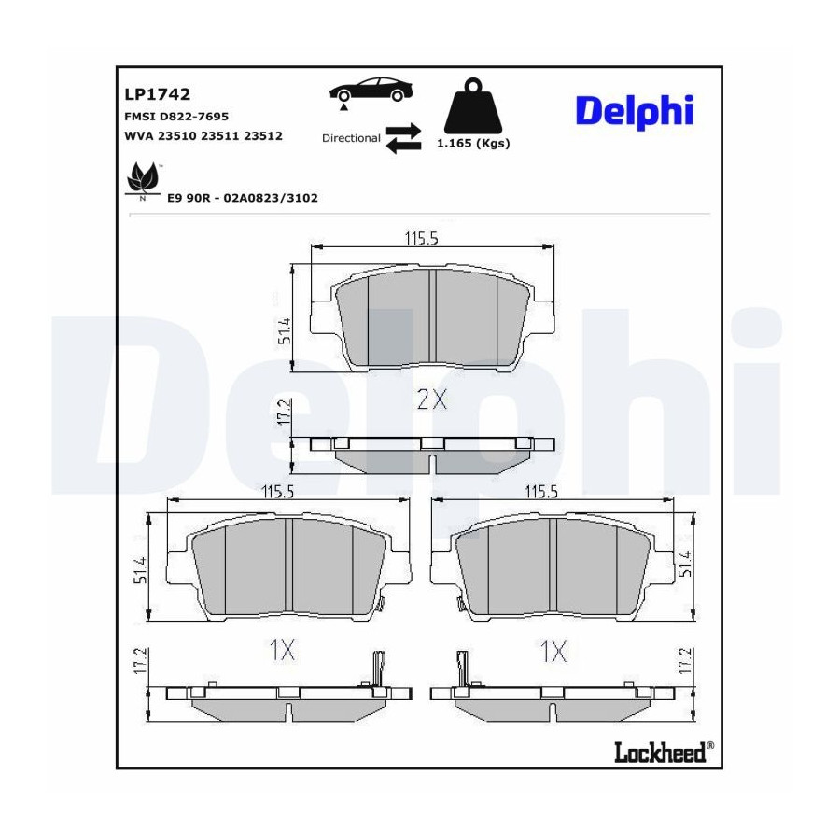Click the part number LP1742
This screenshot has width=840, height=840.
[x=158, y=94]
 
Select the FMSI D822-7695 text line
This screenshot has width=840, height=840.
[x=176, y=117]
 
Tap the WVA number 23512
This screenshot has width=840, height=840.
[x=263, y=135]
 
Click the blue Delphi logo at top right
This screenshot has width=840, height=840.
[x=635, y=112]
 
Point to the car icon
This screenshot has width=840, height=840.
[x=371, y=91]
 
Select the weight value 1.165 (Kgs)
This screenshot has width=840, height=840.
[x=473, y=143]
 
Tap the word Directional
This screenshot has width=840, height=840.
[x=351, y=138]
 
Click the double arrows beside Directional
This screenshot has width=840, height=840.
[x=403, y=138]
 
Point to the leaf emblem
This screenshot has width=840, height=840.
[x=143, y=178]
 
